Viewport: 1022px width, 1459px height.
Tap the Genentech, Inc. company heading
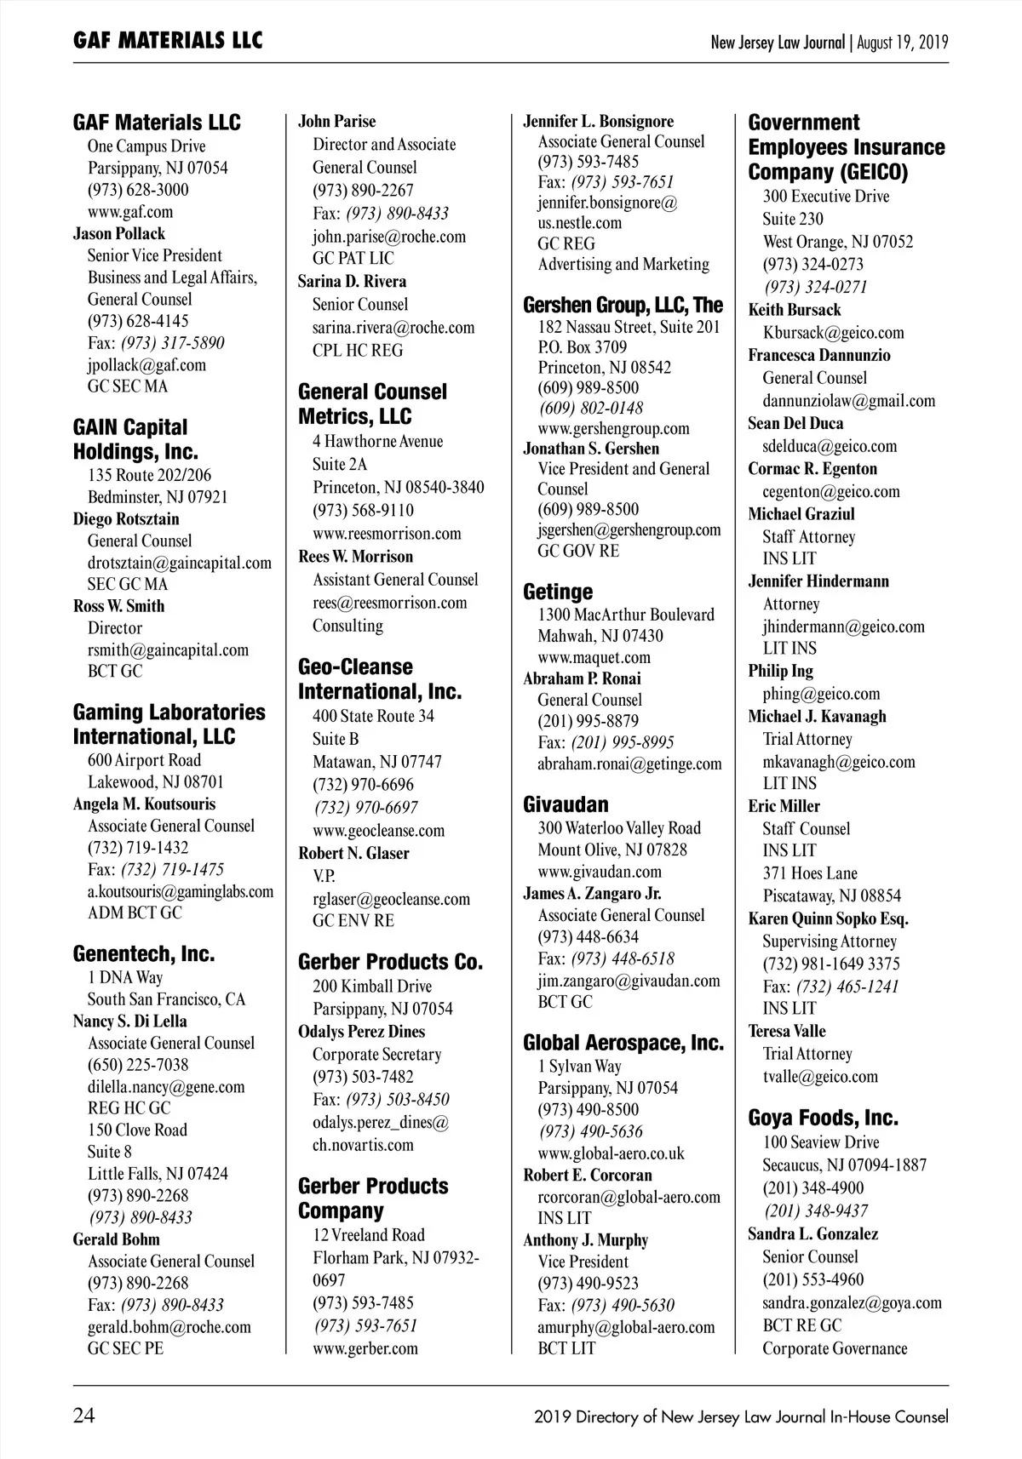click(143, 954)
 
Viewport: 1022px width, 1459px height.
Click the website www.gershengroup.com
click(613, 428)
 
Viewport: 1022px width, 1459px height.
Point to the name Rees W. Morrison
click(355, 557)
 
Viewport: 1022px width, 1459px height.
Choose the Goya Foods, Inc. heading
click(823, 1118)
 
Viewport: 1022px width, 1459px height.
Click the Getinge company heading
click(558, 592)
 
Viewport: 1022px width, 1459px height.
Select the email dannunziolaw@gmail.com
click(848, 401)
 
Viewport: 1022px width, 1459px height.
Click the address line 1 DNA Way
click(124, 978)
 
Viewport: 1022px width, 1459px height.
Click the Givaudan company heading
click(566, 804)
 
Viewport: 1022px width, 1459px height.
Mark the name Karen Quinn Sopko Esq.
click(828, 919)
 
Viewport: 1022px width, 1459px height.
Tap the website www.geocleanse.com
click(378, 831)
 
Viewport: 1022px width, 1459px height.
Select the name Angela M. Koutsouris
click(144, 804)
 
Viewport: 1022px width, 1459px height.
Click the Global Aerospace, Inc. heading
click(623, 1044)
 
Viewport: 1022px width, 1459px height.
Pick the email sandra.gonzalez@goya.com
click(852, 1302)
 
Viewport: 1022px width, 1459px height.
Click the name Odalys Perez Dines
click(361, 1032)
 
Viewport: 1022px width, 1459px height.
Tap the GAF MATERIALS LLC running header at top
click(168, 40)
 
